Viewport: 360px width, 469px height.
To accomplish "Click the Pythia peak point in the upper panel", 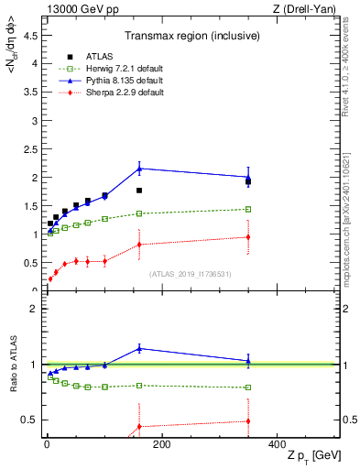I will click(139, 168).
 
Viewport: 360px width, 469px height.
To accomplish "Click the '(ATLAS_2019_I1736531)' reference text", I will click(189, 274).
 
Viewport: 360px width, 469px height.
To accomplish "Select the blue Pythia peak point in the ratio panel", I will click(139, 348).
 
